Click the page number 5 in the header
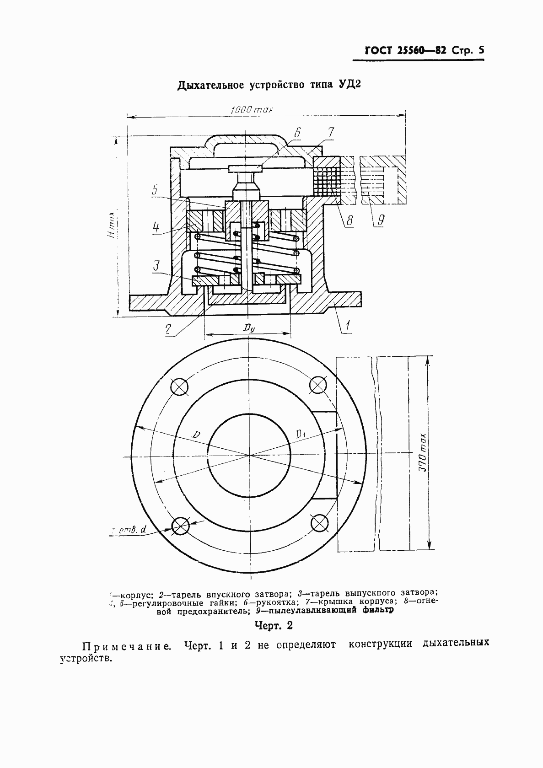(x=480, y=50)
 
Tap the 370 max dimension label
(x=423, y=453)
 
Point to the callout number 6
(x=297, y=133)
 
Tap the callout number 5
(x=155, y=190)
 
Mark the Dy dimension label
(x=249, y=328)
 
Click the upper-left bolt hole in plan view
(x=180, y=387)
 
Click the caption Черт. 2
(x=273, y=625)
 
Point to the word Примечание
(x=128, y=647)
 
